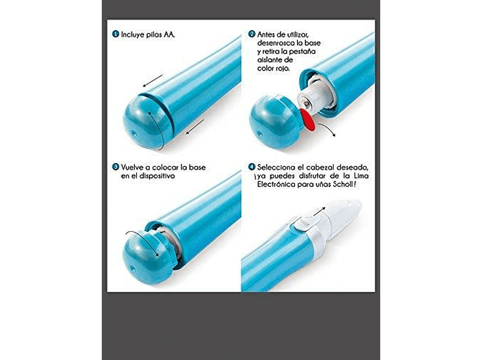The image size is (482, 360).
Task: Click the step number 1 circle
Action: [x=115, y=34]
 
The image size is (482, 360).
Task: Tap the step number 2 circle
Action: [x=252, y=34]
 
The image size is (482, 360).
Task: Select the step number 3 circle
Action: [x=115, y=167]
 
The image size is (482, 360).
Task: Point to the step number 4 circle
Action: [x=252, y=167]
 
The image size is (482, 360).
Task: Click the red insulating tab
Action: [x=308, y=120]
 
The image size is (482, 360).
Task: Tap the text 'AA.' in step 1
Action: [x=169, y=34]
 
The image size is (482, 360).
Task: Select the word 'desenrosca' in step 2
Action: [x=277, y=43]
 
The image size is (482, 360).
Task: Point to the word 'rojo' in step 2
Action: [x=283, y=69]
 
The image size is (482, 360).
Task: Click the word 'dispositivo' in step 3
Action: [x=157, y=176]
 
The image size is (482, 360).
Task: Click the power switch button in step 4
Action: [x=304, y=223]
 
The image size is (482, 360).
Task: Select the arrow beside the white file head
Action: [x=319, y=212]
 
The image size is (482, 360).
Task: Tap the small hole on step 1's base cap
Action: [x=134, y=134]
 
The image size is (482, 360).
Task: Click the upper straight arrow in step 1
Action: [x=153, y=80]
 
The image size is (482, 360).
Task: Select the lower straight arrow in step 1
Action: [x=195, y=127]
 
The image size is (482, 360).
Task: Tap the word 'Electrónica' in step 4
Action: [x=275, y=185]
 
